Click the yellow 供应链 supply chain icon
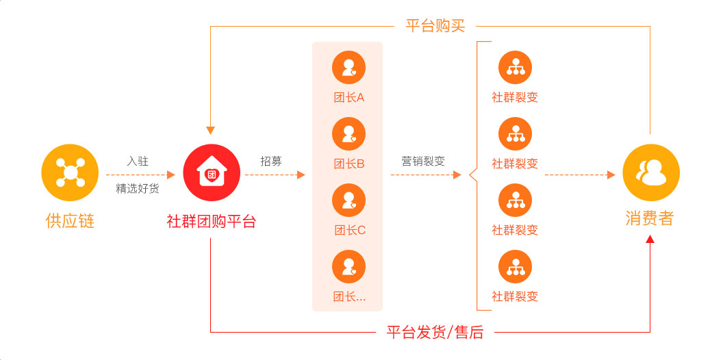coord(70,174)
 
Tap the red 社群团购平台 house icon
coord(211,174)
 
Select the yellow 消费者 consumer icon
coord(651,173)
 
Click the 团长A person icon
coord(348,67)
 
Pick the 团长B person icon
coord(348,133)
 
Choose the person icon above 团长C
coord(348,200)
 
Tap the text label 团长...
coord(349,296)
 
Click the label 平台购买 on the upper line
coord(435,26)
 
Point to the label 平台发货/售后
coord(435,333)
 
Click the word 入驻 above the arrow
coord(138,162)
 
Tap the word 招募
coord(271,162)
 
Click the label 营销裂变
coord(423,162)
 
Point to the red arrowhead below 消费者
coord(650,239)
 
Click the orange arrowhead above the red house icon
coord(211,130)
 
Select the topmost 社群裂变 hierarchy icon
coord(515,67)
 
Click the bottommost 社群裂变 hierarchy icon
coord(515,267)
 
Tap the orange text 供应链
coord(70,221)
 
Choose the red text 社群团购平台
coord(211,221)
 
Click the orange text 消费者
coord(650,218)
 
